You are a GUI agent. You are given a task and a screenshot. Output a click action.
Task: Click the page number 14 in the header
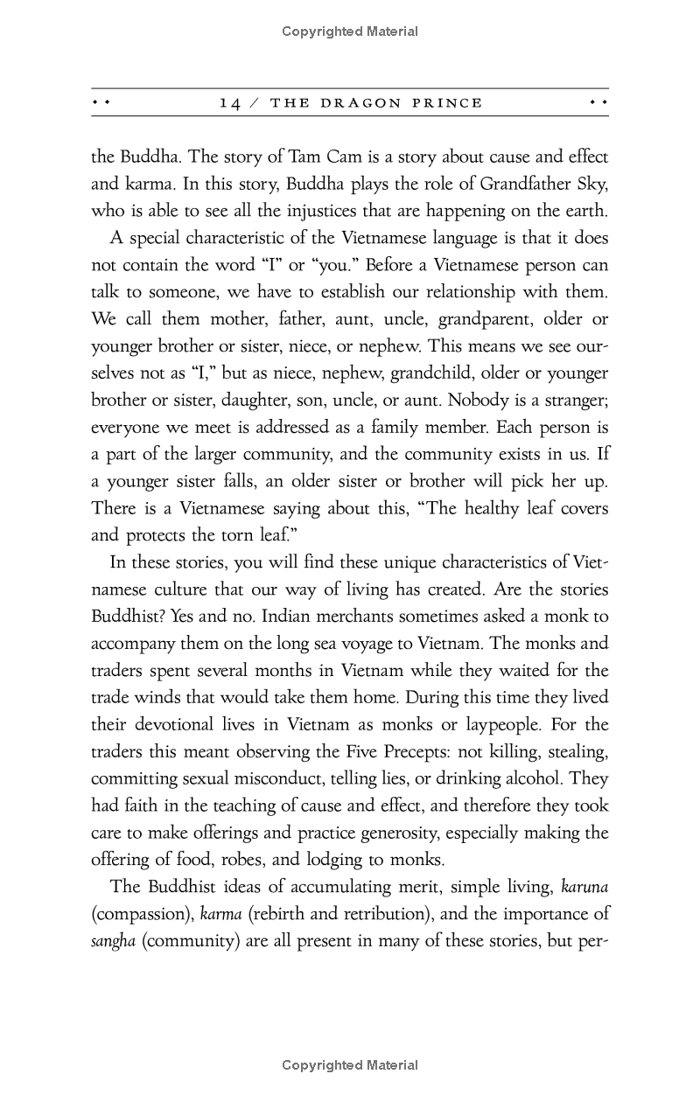(x=230, y=103)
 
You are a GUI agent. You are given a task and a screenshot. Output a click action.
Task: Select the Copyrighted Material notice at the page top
(x=350, y=31)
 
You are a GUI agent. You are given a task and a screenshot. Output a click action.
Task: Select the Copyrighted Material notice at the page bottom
(x=350, y=1065)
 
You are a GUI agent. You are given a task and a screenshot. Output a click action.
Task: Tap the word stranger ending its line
(x=573, y=400)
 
